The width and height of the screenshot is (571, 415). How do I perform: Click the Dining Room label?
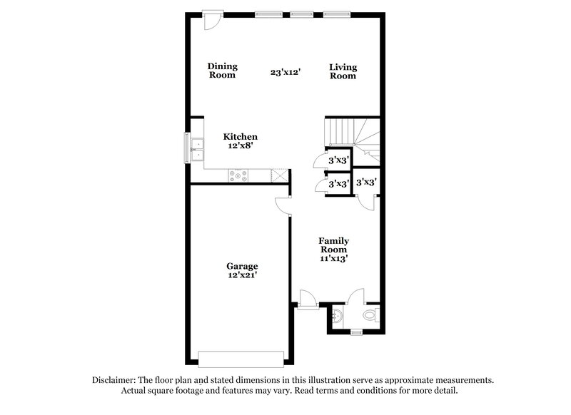222,71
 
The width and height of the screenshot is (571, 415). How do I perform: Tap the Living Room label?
343,71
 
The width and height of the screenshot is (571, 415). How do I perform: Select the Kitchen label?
241,136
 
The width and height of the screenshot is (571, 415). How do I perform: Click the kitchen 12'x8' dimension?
241,145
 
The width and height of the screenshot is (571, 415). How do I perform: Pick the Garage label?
243,266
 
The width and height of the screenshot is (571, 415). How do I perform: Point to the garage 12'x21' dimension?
243,275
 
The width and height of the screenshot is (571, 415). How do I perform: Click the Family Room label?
333,245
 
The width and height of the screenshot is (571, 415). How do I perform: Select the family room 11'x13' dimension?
333,259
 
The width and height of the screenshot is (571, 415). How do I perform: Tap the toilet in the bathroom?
371,314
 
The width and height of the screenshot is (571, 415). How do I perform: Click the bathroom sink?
337,314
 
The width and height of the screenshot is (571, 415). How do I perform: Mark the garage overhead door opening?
243,357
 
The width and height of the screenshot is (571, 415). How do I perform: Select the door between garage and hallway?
283,205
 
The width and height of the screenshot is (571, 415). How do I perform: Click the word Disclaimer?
115,380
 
